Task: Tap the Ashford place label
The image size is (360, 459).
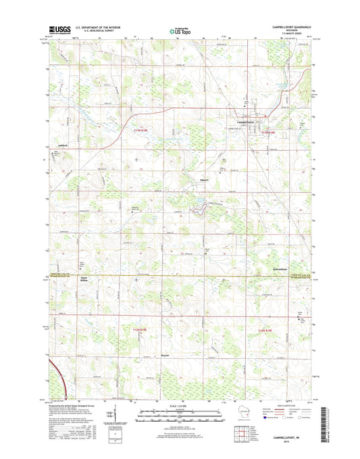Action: [62, 144]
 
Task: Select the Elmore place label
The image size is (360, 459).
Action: [207, 180]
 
